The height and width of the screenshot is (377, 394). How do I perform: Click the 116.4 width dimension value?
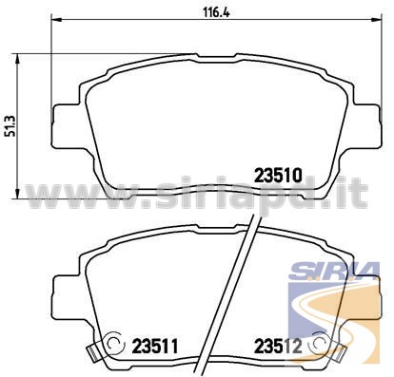click(216, 12)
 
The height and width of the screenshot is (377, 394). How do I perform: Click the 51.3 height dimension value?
click(10, 126)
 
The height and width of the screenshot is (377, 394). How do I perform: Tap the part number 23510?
click(278, 176)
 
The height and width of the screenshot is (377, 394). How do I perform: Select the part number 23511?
click(155, 347)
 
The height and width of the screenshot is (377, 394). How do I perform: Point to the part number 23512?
click(278, 347)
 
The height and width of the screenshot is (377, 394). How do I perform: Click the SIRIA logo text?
click(334, 271)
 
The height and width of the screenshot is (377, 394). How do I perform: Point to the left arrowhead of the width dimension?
click(56, 20)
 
